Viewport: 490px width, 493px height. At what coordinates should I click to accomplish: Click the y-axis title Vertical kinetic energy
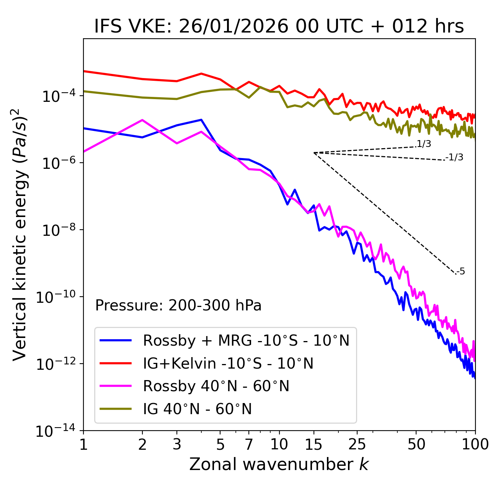[x=20, y=234]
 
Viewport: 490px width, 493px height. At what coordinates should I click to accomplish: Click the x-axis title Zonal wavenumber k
[x=279, y=464]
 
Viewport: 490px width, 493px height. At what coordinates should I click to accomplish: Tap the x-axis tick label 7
[x=249, y=444]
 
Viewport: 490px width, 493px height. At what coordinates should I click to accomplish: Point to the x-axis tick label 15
[x=314, y=444]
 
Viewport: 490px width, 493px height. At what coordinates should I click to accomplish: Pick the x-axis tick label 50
[x=416, y=444]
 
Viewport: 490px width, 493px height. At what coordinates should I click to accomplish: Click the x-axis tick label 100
[x=475, y=444]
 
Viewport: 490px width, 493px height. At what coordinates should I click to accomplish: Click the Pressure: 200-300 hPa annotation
[x=178, y=305]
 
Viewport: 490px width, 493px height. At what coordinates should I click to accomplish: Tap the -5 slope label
[x=461, y=272]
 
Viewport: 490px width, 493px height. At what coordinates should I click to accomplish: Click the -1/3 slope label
[x=455, y=157]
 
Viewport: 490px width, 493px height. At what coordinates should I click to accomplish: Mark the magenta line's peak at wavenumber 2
[x=142, y=120]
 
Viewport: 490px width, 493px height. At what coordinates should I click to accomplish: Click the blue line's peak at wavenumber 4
[x=201, y=120]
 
